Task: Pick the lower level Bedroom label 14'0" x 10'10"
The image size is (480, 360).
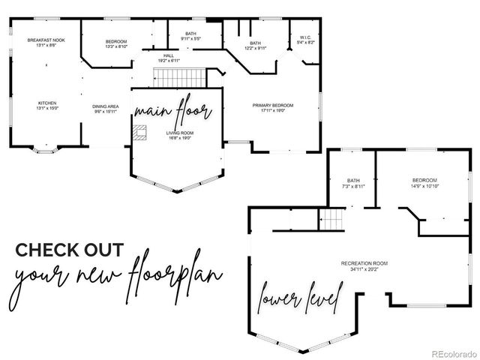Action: point(424,182)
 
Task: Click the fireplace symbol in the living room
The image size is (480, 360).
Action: point(140,133)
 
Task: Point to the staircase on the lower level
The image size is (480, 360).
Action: point(331,219)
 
